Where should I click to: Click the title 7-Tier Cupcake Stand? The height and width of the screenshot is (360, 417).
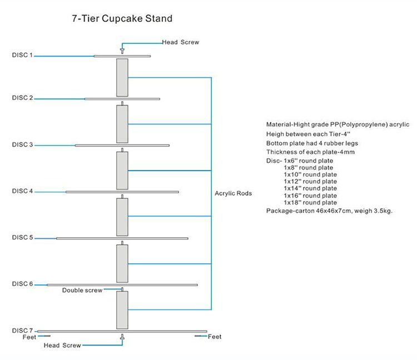(122, 19)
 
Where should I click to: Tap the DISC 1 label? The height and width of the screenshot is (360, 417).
(23, 55)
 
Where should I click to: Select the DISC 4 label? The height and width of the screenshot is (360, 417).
(23, 191)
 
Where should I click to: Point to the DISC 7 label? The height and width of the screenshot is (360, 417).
(23, 331)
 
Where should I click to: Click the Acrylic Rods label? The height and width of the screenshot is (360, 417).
(233, 194)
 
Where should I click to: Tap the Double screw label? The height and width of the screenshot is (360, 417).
(82, 291)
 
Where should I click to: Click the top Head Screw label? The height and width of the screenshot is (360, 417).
(180, 42)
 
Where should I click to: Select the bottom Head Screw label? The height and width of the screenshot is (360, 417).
(62, 346)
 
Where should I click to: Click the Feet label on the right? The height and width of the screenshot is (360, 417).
(215, 337)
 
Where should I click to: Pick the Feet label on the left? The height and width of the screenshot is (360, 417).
(29, 337)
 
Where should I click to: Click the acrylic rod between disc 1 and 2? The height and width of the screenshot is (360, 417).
(122, 77)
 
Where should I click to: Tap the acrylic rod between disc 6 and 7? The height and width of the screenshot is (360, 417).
(122, 309)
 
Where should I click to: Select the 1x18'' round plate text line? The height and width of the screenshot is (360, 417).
(310, 203)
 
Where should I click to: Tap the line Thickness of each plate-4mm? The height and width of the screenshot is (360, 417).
(310, 152)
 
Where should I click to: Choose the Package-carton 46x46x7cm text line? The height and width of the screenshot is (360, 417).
(330, 211)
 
